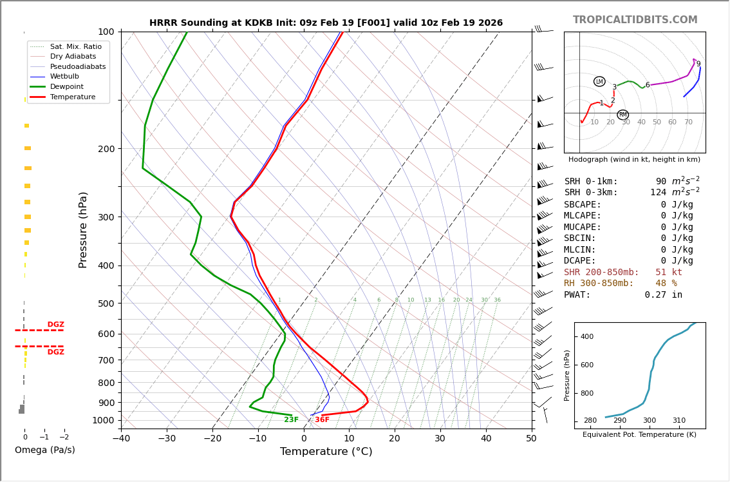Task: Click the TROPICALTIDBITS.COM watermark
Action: point(635,20)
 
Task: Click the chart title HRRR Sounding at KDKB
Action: point(326,23)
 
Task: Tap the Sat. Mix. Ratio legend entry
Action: point(75,46)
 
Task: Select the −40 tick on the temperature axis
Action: point(121,439)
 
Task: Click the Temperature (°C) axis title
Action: point(326,452)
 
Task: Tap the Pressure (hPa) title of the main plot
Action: point(83,229)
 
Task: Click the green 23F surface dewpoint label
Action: point(291,420)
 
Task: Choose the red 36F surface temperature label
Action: point(322,420)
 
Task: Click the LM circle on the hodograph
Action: point(599,81)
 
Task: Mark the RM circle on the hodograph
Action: point(622,115)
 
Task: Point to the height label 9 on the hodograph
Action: point(698,64)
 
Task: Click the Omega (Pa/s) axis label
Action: point(45,450)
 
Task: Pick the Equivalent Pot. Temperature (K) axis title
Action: point(639,435)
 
